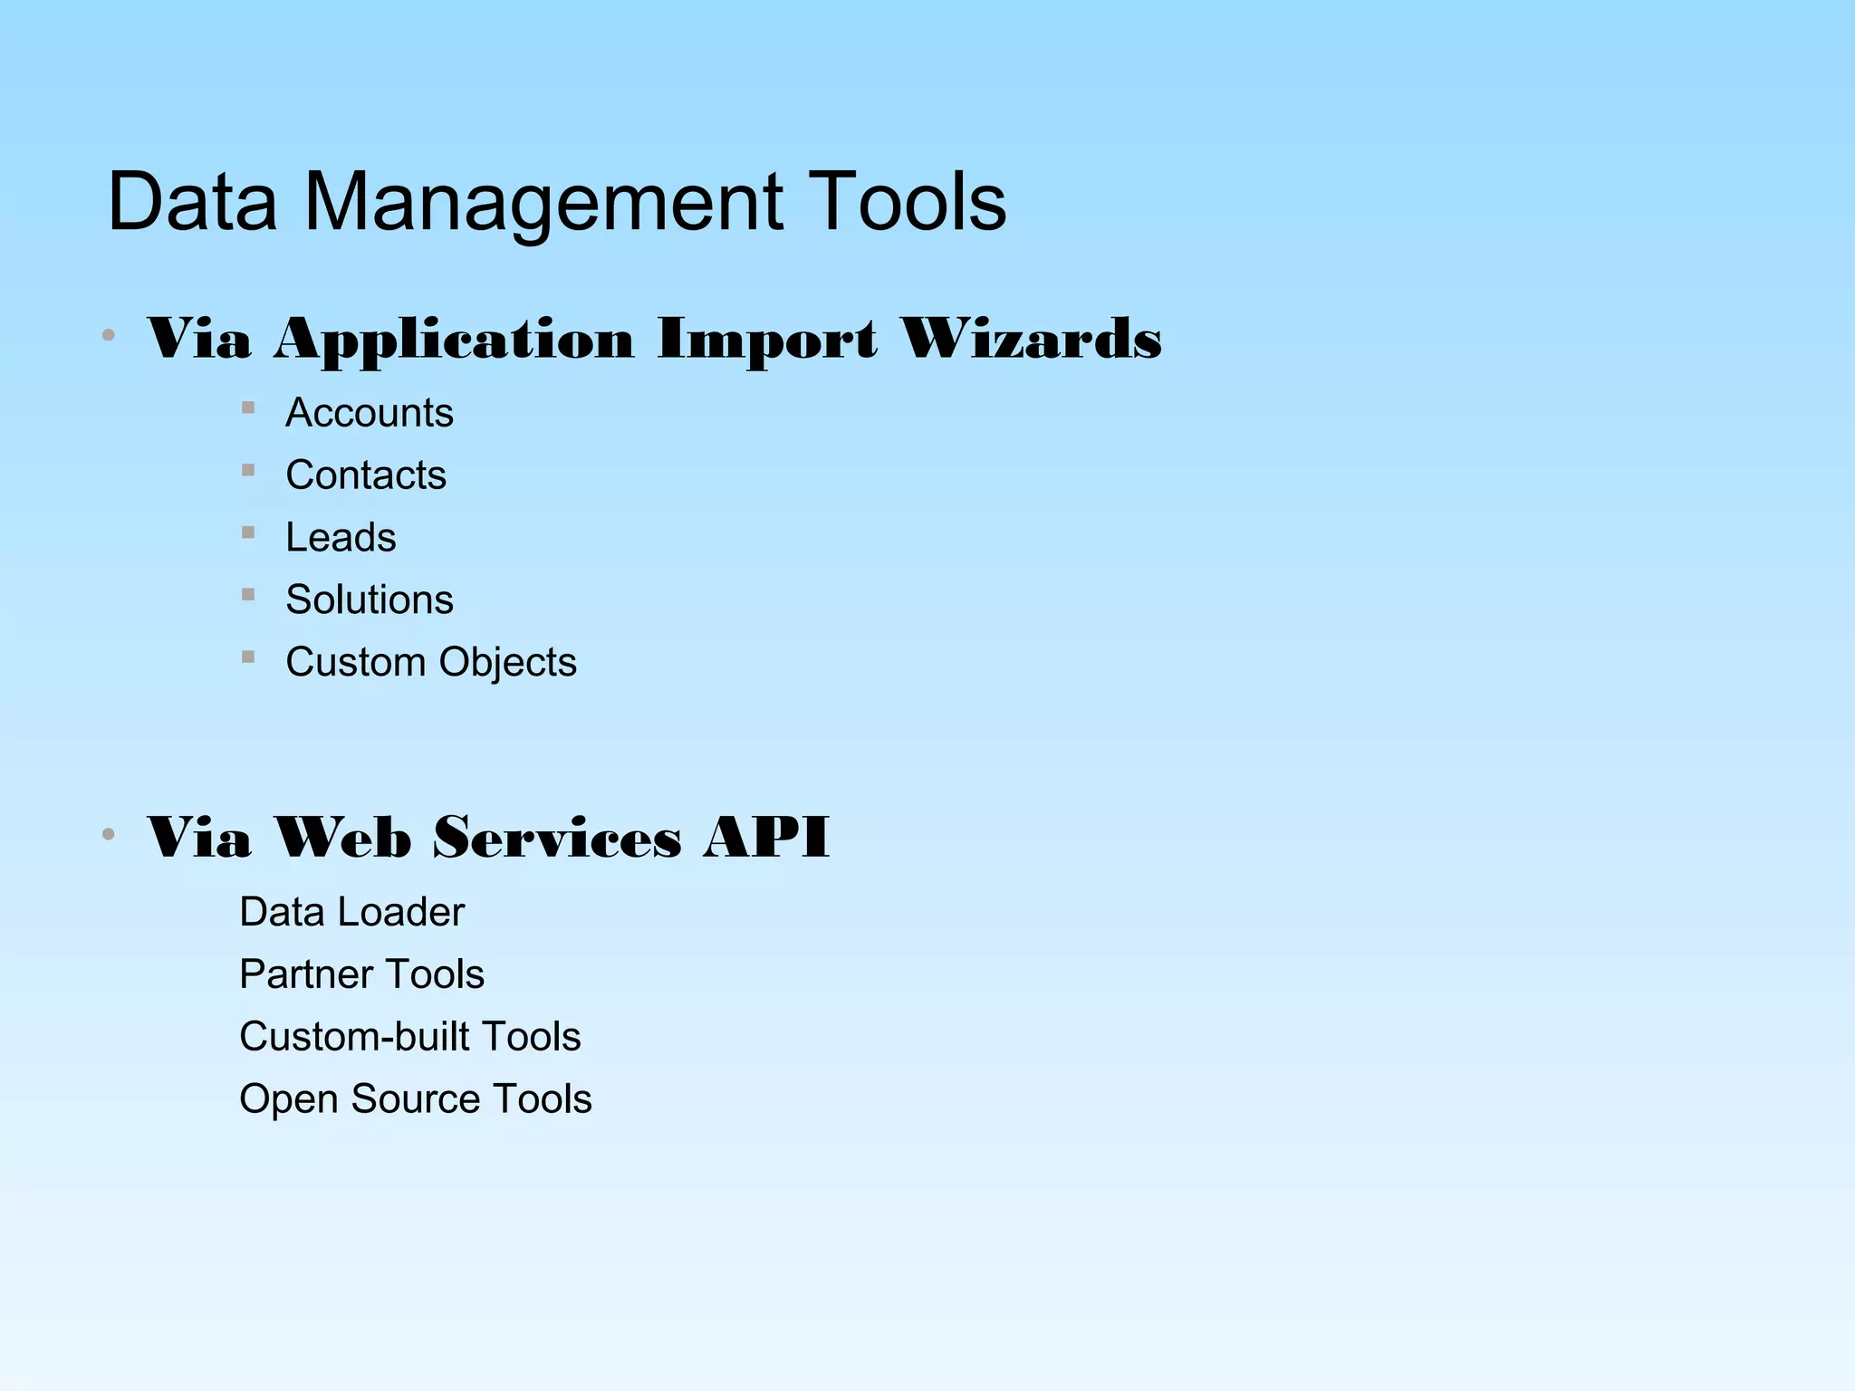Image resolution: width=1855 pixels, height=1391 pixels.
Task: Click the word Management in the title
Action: click(543, 203)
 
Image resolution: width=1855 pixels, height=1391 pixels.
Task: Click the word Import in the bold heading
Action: click(766, 341)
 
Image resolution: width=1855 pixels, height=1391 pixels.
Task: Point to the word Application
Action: click(454, 341)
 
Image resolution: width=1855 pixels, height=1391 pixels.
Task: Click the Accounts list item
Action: click(369, 413)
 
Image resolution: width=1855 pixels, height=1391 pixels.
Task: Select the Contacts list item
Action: click(365, 475)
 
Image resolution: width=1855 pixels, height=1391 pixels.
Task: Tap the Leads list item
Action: click(341, 538)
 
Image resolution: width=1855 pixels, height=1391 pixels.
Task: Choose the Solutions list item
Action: click(369, 600)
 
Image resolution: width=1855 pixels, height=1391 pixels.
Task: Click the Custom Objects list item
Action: click(430, 663)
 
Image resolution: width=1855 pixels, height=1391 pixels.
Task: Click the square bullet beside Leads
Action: click(248, 532)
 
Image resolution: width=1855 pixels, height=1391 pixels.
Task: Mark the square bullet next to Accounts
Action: click(248, 408)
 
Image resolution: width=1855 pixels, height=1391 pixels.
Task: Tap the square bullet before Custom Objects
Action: click(248, 657)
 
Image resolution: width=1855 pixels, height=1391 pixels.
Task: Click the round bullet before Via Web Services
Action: click(109, 834)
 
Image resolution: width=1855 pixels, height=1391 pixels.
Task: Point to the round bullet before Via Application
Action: click(109, 336)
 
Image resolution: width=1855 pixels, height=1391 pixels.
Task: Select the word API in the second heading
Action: click(765, 837)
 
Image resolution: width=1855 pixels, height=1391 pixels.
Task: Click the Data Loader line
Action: click(351, 912)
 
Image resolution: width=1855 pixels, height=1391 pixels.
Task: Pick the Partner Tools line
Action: click(361, 974)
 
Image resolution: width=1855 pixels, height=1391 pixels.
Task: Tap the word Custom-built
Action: click(354, 1037)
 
